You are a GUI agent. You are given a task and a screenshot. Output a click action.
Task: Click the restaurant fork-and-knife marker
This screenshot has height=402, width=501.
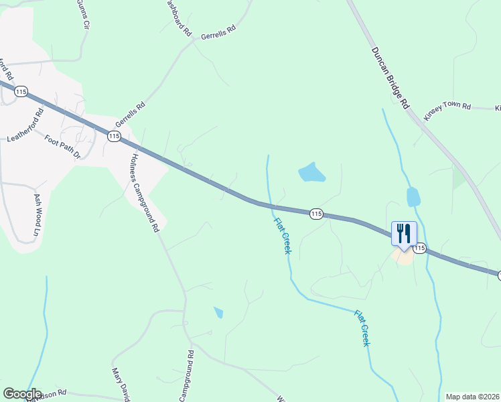[404, 234]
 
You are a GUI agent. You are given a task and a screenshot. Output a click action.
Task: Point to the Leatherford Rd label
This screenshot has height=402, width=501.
[25, 126]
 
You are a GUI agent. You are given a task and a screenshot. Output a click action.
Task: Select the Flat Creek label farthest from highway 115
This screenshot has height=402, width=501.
[362, 328]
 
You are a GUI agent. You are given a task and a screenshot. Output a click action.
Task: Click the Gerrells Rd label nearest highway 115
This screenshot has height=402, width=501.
[130, 115]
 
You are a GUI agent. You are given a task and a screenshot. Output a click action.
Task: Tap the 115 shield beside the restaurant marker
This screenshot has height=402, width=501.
[419, 249]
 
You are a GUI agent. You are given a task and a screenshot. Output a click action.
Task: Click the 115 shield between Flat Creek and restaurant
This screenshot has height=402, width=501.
[317, 214]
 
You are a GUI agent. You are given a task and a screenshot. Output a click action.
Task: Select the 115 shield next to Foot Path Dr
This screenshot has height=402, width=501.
[114, 136]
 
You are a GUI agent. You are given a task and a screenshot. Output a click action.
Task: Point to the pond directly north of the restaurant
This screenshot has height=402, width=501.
[413, 197]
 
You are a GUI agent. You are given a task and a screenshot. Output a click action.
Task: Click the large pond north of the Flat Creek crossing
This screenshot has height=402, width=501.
[311, 173]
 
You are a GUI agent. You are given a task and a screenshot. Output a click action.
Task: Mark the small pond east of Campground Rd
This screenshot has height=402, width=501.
[218, 312]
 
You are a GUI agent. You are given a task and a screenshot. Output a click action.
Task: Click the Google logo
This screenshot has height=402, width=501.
[22, 394]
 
